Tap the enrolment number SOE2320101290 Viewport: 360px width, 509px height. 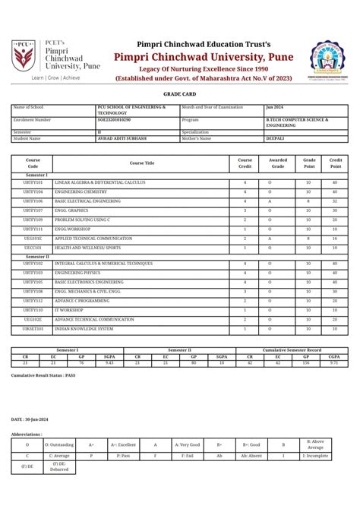[x=119, y=120]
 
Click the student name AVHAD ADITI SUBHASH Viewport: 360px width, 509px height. [x=122, y=138]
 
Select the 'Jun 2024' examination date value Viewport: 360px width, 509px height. [x=274, y=108]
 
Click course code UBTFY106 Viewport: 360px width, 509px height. [x=33, y=201]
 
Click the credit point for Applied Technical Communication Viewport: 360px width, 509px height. [x=335, y=239]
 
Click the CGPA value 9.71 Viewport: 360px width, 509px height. [x=333, y=363]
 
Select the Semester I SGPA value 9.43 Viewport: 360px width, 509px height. [x=109, y=363]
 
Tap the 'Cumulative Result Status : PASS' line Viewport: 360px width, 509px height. [x=43, y=376]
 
